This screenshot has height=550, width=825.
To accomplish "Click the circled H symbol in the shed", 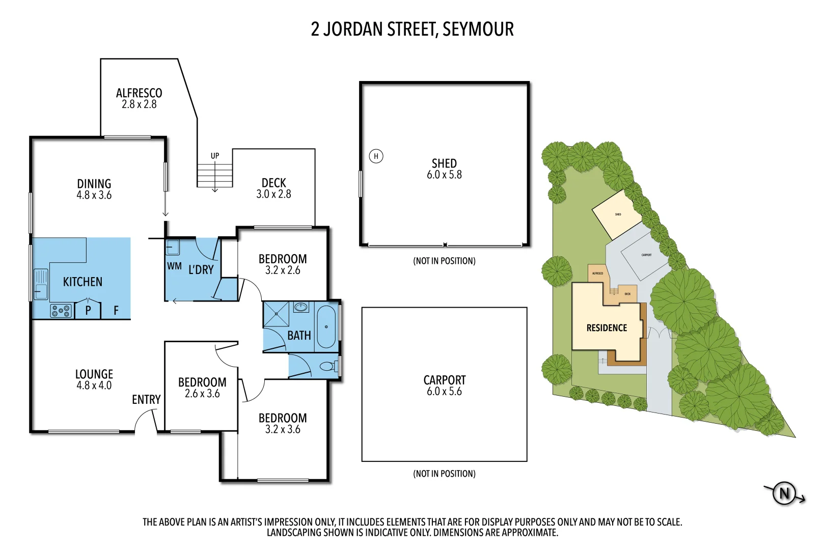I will pos(376,156).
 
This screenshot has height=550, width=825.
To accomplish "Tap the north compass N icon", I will pos(784,493).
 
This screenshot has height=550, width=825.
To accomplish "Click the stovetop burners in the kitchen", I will pos(61,310).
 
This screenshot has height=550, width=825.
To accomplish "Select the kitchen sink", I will pos(41,284).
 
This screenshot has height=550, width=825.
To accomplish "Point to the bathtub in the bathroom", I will pos(326,326).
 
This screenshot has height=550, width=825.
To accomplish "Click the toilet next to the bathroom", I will pos(327,366).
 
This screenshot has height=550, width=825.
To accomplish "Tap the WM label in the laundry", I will pos(174,266).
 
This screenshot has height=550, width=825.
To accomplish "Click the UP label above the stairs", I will pos(215,156).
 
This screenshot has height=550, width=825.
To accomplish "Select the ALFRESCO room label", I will pos(139,93).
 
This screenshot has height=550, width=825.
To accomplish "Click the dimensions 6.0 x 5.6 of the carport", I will pos(444,392).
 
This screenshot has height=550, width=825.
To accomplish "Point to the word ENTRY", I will pos(146,400).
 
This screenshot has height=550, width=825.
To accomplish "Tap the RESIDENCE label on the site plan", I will pos(607,328).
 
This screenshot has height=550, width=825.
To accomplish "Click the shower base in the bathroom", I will pos(276,314).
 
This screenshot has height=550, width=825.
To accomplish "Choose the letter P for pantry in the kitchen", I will pos(88,310).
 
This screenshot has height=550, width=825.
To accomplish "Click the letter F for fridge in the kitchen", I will pos(116,310).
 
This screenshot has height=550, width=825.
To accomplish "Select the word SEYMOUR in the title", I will pos(478,30).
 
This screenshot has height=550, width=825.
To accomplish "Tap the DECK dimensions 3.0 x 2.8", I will pos(273,194).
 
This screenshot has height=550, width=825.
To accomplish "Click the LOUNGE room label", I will pos(94,374).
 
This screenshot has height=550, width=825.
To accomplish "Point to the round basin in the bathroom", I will pos(301,307).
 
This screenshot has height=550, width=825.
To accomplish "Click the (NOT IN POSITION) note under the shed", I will pos(444,261).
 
